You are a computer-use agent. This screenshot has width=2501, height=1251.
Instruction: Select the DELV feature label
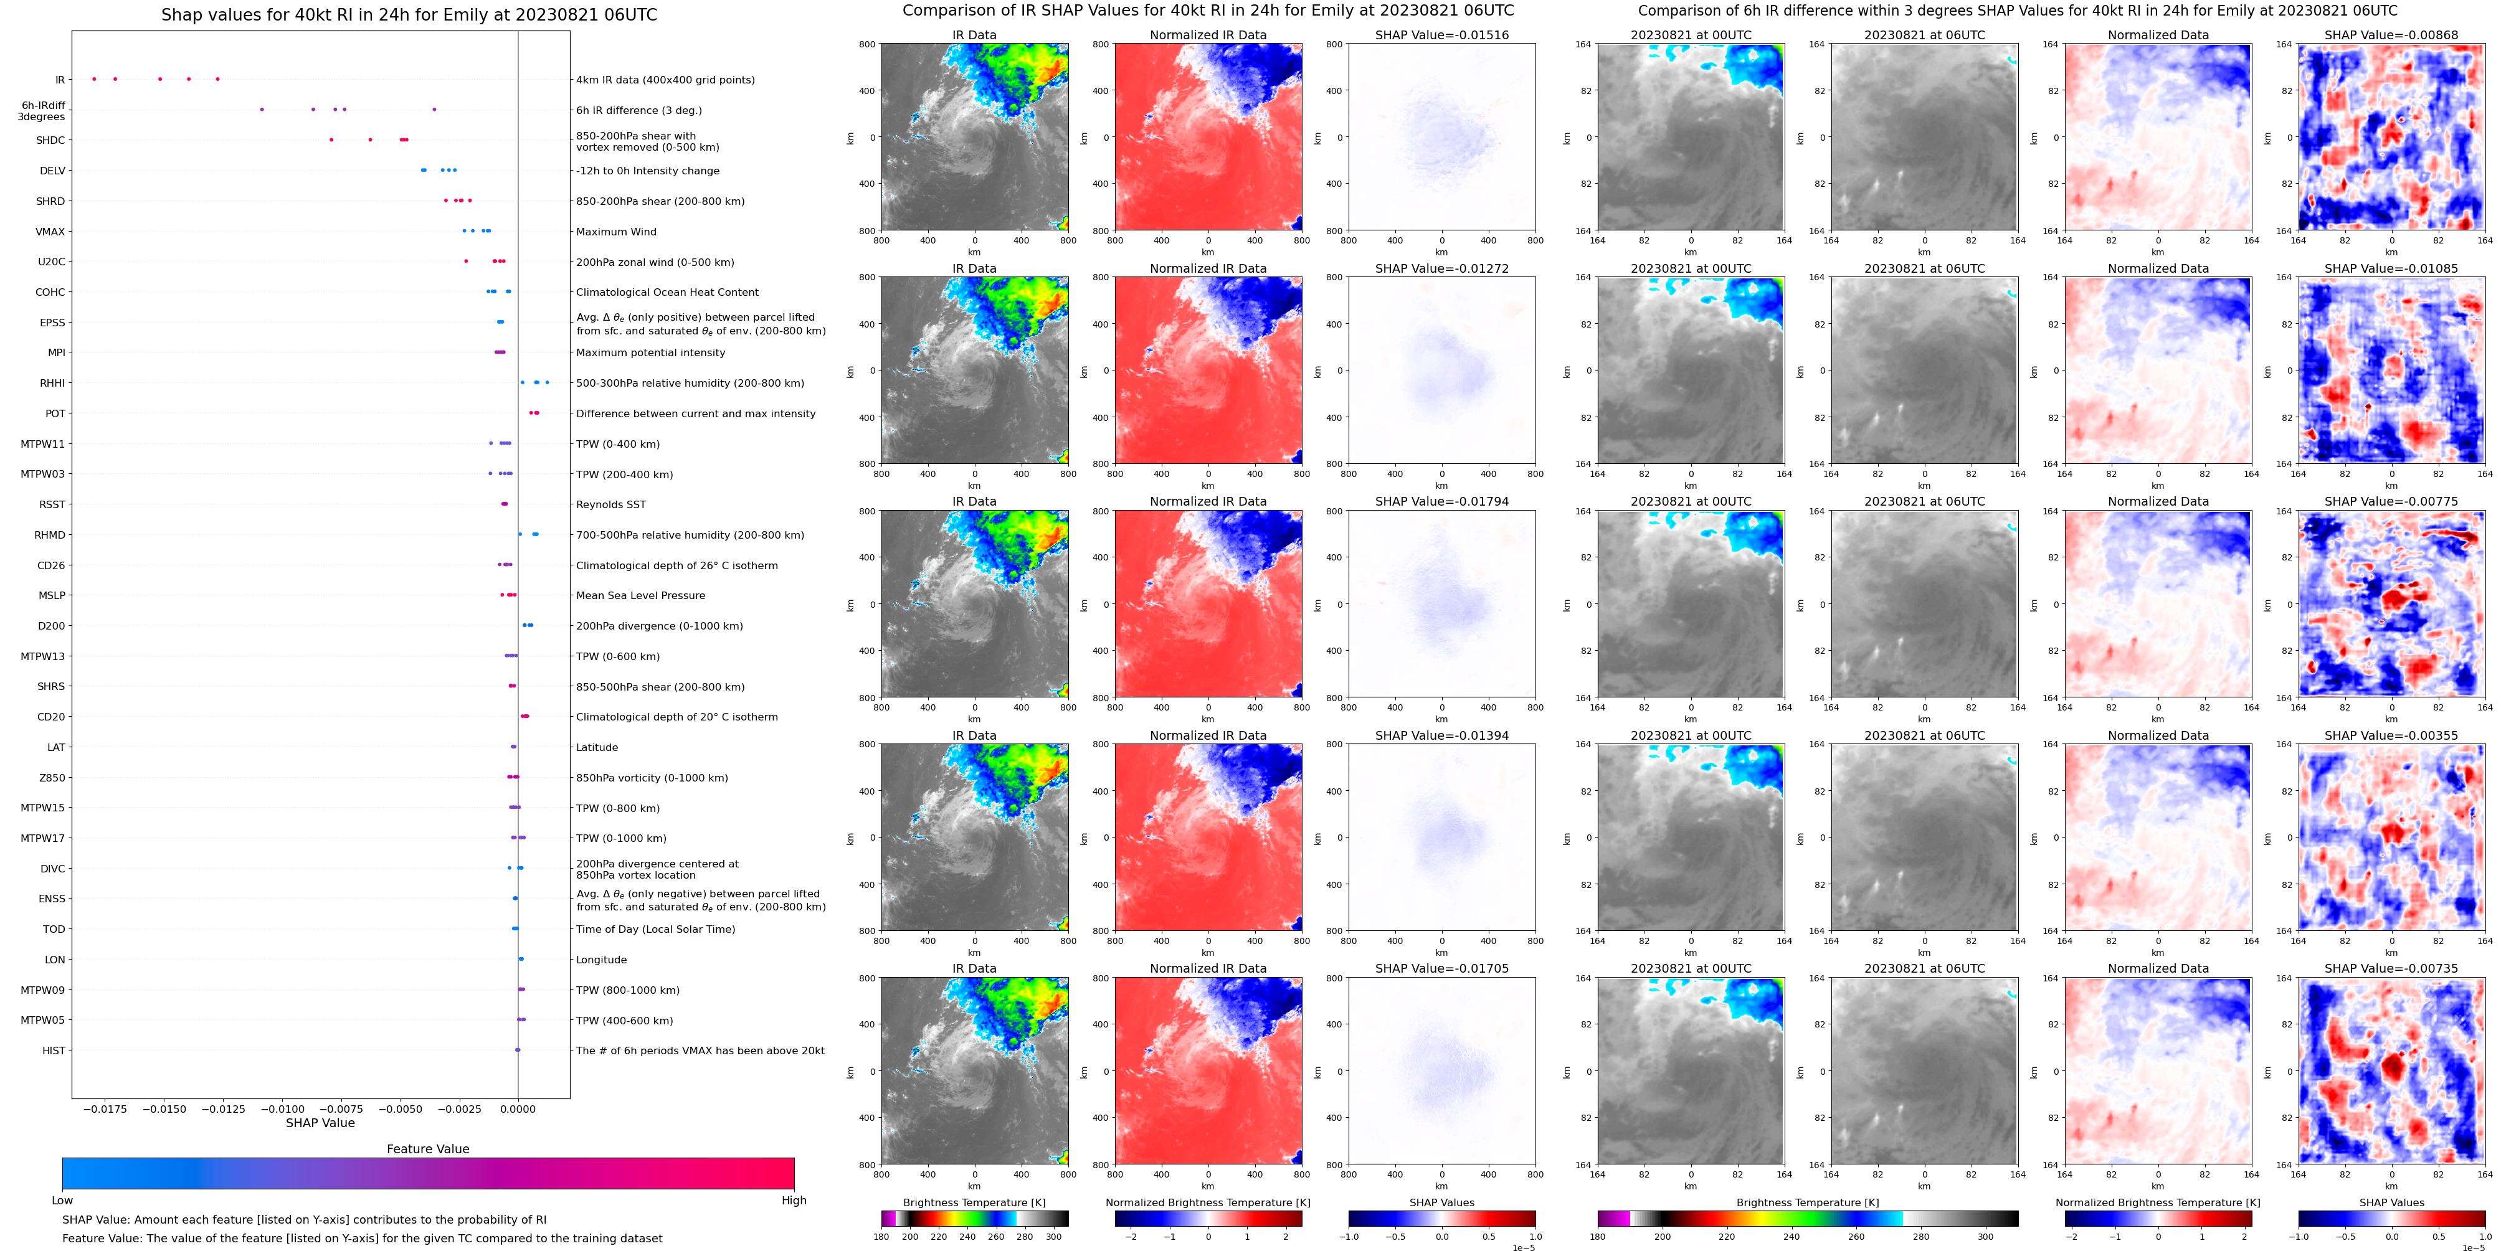(52, 171)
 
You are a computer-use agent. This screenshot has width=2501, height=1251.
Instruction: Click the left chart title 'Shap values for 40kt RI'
(409, 14)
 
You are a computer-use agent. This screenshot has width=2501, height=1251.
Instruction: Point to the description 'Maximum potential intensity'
(650, 353)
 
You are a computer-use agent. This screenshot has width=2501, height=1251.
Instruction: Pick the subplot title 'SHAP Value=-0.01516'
(1442, 35)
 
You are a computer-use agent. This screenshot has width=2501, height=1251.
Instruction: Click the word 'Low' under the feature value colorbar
(62, 1201)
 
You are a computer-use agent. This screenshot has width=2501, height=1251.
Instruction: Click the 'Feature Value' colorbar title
(427, 1149)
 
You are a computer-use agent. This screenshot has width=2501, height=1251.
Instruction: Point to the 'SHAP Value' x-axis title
(320, 1123)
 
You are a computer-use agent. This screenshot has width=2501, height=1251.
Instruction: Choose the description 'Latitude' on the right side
(597, 747)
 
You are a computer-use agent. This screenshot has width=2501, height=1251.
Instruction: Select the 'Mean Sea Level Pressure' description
(641, 596)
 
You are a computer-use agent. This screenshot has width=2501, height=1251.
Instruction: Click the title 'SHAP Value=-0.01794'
(1442, 502)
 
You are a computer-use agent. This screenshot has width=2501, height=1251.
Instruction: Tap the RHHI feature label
(52, 384)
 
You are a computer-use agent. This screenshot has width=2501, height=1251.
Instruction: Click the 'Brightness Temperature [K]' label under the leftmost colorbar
(974, 1202)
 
